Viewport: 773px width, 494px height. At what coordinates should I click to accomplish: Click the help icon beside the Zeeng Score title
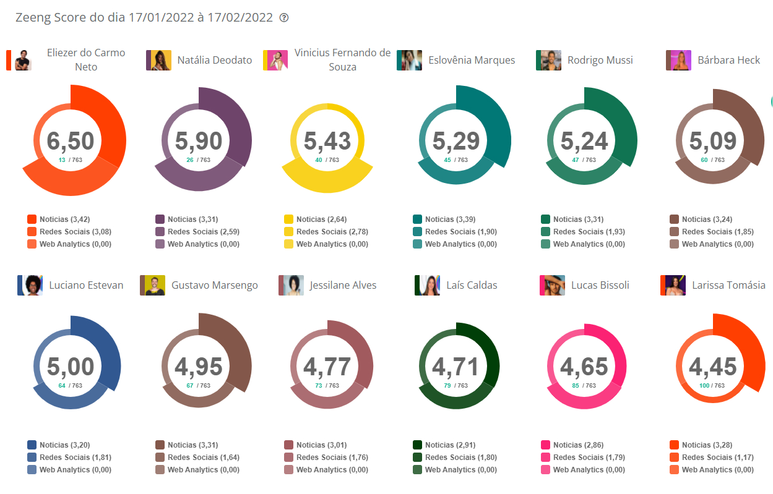[x=284, y=18]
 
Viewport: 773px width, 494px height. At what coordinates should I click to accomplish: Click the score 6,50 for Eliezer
[x=71, y=141]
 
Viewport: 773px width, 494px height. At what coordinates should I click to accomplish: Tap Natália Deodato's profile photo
[x=158, y=61]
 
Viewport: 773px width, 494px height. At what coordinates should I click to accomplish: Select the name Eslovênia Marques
[x=472, y=60]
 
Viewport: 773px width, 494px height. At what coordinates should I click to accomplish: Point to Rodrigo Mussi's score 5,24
[x=584, y=141]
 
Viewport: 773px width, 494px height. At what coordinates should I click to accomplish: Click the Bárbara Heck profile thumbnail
[x=678, y=61]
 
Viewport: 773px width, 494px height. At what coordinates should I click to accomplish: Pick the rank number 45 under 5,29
[x=447, y=160]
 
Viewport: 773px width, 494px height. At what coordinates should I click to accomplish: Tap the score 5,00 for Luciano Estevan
[x=71, y=367]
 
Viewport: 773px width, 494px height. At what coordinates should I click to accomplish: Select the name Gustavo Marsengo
[x=215, y=285]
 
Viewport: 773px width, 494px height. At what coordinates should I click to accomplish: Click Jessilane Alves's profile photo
[x=291, y=286]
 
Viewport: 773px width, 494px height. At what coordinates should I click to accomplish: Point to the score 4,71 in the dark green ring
[x=456, y=367]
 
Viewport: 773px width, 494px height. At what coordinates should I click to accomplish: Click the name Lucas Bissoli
[x=600, y=285]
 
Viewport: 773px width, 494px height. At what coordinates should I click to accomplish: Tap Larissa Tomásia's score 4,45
[x=713, y=367]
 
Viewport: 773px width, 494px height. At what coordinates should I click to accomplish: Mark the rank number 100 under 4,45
[x=704, y=386]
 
